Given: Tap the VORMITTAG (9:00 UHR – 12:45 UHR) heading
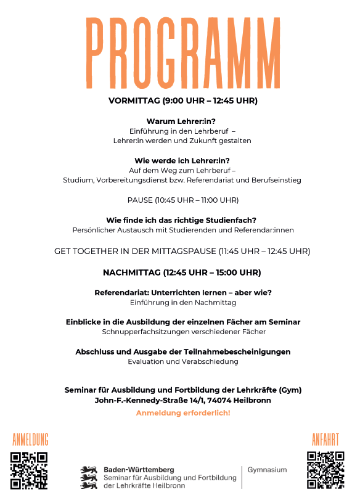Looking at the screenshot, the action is point(182,100).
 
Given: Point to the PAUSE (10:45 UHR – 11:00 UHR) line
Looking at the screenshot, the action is point(182,200).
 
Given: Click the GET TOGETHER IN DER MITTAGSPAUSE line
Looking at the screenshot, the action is point(182,252).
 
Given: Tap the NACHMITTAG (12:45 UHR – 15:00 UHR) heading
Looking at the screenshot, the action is point(182,273).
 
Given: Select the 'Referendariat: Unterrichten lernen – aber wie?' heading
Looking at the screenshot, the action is point(183,292).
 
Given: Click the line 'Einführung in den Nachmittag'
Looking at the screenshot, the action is point(183,303).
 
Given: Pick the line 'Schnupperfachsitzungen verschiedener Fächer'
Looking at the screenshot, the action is point(184,332).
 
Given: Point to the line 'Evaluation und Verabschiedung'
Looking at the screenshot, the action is point(182,362).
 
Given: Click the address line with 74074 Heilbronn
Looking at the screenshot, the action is point(182,400).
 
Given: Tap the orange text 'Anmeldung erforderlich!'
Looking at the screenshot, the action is point(183,412).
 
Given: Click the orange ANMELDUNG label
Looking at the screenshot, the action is point(30,440).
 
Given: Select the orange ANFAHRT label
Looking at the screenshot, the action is point(325,440).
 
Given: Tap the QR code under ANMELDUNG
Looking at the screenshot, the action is point(29,471).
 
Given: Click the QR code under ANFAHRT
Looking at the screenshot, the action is point(325,470).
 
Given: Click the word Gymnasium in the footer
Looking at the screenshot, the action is point(267,470).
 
